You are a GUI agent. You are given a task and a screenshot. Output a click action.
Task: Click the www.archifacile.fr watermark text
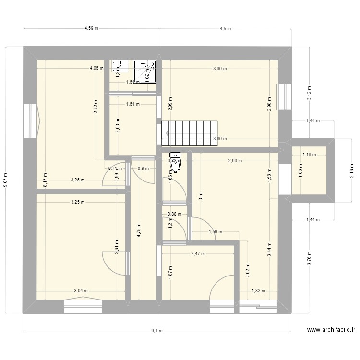point(331,330)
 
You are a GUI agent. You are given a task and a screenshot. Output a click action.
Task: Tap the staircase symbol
point(189,133)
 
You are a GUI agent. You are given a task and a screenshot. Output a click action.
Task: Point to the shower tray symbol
point(144,71)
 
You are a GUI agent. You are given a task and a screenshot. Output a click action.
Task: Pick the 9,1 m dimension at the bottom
point(157,330)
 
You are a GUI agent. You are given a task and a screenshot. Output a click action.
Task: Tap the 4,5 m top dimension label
point(225,28)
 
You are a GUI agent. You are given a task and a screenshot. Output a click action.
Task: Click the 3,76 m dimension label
point(309,257)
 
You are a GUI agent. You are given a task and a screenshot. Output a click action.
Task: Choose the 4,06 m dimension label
point(96,68)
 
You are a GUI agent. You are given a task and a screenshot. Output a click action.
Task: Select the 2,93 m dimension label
point(235,161)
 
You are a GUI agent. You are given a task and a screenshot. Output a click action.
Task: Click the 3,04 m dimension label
point(81,290)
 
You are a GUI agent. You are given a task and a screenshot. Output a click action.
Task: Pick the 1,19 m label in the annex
point(310,155)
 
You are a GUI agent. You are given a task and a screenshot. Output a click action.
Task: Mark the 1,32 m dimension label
point(258,290)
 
